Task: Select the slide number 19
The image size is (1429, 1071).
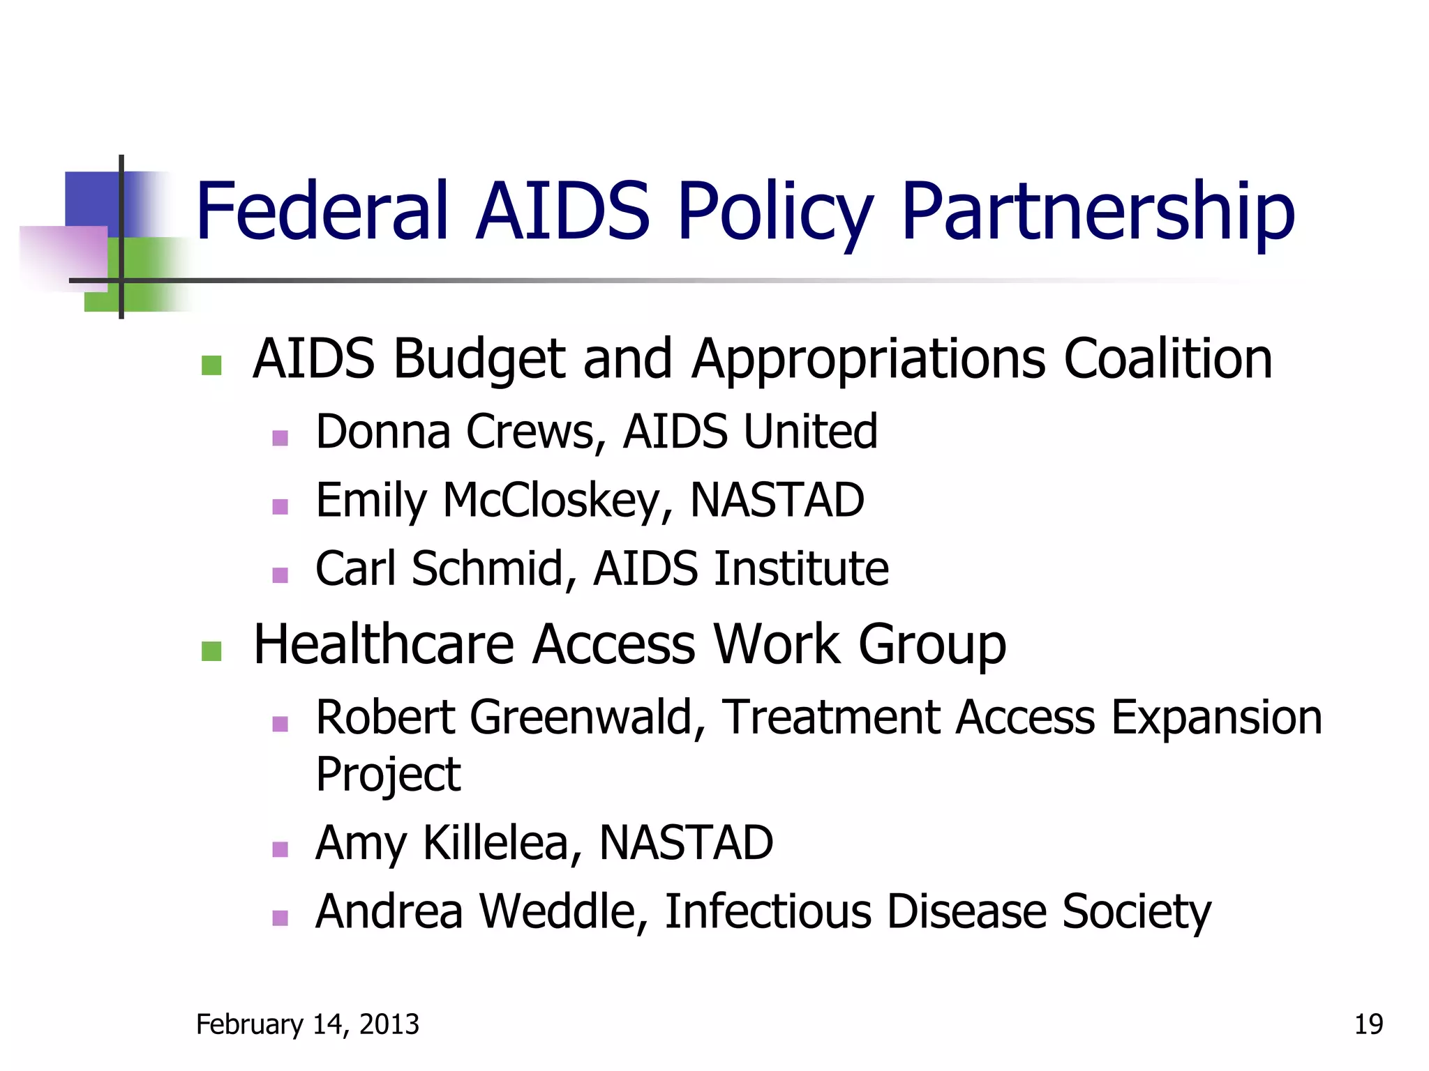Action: pos(1368,1024)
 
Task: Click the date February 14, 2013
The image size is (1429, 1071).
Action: pos(308,1024)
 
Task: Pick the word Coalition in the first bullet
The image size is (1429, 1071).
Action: pos(1168,359)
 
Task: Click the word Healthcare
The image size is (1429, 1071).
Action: pos(384,644)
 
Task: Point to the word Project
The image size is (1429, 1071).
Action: pos(388,775)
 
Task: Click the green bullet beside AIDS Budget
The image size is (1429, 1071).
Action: pos(211,365)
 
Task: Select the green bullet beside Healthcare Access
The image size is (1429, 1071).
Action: pos(211,651)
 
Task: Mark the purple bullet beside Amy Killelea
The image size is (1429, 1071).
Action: pos(280,849)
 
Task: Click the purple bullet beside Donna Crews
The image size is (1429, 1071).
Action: pos(280,438)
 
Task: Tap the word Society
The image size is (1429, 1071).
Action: pos(1137,911)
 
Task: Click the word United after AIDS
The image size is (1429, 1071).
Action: pos(810,432)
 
